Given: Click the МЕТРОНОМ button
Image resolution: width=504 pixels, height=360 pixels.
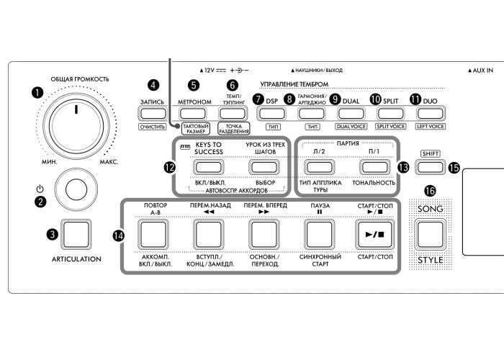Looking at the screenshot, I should pyautogui.click(x=194, y=112).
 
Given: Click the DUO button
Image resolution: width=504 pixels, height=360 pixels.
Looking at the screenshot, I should pyautogui.click(x=431, y=112).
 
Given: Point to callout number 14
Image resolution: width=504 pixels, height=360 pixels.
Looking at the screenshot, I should pyautogui.click(x=119, y=235).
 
